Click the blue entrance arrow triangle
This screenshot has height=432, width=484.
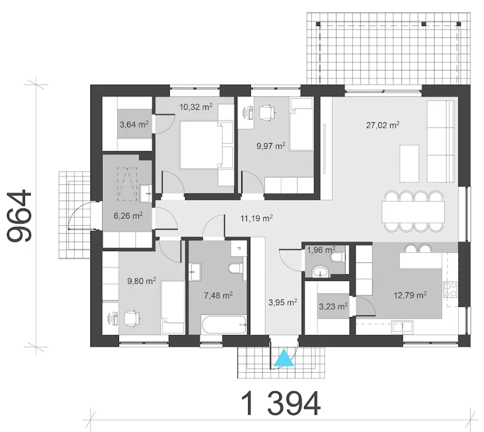(284, 358)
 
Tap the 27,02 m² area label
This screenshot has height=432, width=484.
(383, 125)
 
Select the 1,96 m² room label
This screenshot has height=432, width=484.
(321, 250)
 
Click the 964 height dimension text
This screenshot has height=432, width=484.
(19, 215)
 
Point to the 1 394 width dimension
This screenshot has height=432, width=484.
(281, 403)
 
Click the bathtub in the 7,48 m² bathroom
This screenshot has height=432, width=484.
(224, 324)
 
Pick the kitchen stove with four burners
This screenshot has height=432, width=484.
(451, 290)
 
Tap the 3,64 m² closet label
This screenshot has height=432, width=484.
(134, 124)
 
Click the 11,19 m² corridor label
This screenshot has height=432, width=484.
(257, 218)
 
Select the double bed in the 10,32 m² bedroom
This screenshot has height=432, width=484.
(206, 145)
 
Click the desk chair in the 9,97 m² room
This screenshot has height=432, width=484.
(267, 111)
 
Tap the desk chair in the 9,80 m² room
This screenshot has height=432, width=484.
(132, 318)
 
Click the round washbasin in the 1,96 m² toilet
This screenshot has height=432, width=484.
(320, 272)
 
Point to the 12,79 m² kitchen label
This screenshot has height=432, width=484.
(410, 295)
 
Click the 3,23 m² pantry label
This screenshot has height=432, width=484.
(333, 306)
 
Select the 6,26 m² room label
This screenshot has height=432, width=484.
(128, 216)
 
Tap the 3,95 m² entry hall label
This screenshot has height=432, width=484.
(283, 302)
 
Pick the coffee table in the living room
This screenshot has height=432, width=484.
(409, 164)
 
